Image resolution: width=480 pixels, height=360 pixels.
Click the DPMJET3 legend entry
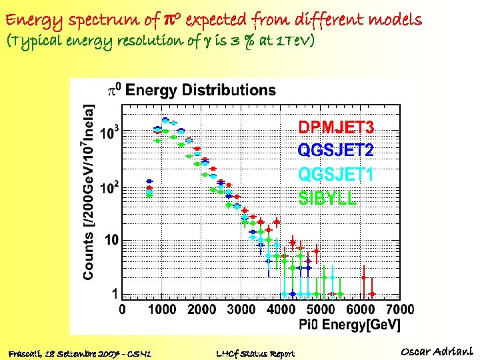point(336,127)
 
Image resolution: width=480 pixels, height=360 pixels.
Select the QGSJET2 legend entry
point(335,151)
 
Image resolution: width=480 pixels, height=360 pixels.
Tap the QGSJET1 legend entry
point(335,174)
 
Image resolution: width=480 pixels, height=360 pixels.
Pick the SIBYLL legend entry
point(327,198)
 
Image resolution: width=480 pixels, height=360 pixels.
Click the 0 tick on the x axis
point(122,309)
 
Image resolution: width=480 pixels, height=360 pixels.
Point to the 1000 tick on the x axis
point(162,309)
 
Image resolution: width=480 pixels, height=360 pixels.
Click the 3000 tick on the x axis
point(241,309)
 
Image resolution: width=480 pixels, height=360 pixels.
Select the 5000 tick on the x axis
point(321,309)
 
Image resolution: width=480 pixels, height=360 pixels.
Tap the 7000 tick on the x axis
point(400,309)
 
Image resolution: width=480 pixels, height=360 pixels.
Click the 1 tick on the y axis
point(115,294)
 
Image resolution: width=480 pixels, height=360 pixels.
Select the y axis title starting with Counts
point(89,191)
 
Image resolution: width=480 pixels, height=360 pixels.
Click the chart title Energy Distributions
point(200,89)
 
